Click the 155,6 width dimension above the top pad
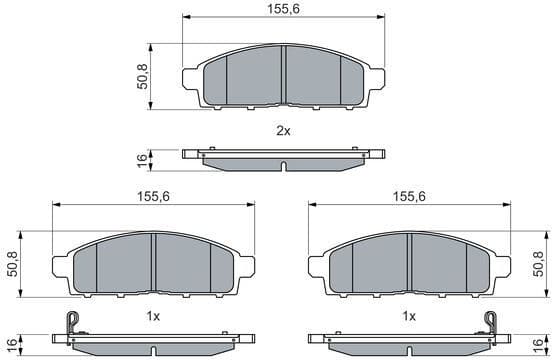(284, 9)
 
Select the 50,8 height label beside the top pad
(143, 76)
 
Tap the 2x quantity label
(283, 131)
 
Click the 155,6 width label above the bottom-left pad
(154, 197)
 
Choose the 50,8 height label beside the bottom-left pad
(12, 264)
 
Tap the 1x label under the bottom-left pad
(154, 315)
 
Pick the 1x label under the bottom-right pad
(409, 315)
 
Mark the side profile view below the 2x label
(284, 157)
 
